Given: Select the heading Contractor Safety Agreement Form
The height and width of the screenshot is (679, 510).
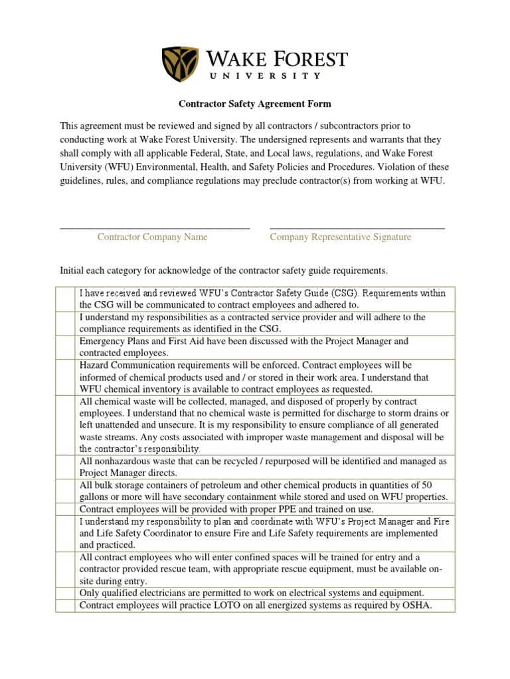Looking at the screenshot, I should (255, 104).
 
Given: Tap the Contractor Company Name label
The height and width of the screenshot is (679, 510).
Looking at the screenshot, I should (153, 237).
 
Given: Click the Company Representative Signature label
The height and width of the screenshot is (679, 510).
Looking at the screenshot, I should (340, 237).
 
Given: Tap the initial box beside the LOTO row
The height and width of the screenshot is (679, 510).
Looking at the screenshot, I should (65, 605).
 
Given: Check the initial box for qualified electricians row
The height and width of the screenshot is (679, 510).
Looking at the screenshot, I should (65, 593).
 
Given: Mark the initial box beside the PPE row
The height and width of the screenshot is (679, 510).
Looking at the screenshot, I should (65, 509).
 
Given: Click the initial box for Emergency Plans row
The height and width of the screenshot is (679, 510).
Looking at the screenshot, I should (65, 347).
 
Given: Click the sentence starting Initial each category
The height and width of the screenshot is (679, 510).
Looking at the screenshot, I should (222, 271).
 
